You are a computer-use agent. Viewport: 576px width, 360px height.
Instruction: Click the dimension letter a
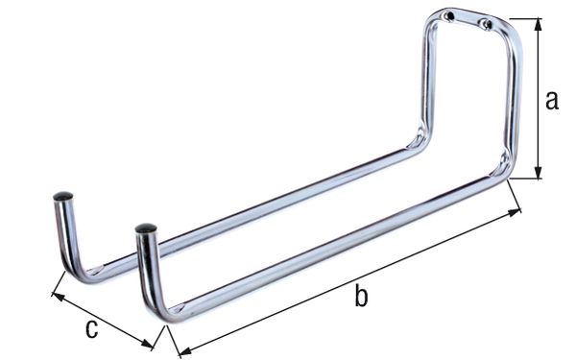click(x=551, y=100)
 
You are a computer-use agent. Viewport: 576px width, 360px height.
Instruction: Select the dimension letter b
click(x=361, y=297)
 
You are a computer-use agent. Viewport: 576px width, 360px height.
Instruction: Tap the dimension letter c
click(x=91, y=329)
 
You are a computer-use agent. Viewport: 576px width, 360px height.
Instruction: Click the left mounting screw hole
click(x=448, y=15)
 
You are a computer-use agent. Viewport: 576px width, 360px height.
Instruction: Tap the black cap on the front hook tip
click(x=146, y=230)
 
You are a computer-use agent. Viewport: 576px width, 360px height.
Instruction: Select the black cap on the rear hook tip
click(x=62, y=196)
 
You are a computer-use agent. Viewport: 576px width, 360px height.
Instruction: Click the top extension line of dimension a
click(x=523, y=18)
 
